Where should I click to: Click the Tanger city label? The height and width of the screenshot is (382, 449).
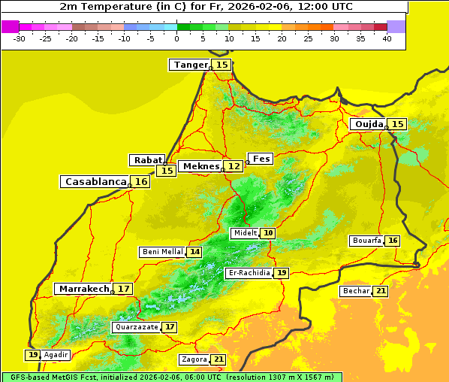pyautogui.click(x=191, y=65)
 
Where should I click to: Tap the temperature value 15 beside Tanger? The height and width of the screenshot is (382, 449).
pyautogui.click(x=222, y=65)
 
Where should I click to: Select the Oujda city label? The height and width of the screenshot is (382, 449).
pyautogui.click(x=369, y=124)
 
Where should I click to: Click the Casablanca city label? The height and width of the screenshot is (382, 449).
pyautogui.click(x=95, y=182)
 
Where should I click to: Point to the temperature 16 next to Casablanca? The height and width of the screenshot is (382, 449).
pyautogui.click(x=141, y=182)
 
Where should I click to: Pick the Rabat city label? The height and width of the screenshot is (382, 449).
pyautogui.click(x=147, y=160)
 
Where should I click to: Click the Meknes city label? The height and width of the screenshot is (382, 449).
pyautogui.click(x=201, y=165)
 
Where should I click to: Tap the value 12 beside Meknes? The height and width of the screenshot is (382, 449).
pyautogui.click(x=235, y=165)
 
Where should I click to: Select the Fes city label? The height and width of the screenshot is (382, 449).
pyautogui.click(x=261, y=159)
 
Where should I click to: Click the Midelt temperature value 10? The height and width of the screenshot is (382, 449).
pyautogui.click(x=268, y=233)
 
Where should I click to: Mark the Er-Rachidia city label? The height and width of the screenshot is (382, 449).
pyautogui.click(x=249, y=273)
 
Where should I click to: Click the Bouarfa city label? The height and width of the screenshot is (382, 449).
pyautogui.click(x=367, y=241)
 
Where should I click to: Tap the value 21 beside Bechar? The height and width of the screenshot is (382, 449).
pyautogui.click(x=381, y=291)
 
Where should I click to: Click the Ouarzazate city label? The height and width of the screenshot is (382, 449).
pyautogui.click(x=137, y=327)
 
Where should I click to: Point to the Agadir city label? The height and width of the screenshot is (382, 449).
pyautogui.click(x=56, y=355)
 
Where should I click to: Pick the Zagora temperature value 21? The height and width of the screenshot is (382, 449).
pyautogui.click(x=218, y=359)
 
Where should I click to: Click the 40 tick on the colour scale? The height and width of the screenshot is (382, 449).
pyautogui.click(x=387, y=38)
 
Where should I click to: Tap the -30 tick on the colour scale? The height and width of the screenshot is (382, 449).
pyautogui.click(x=20, y=38)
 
